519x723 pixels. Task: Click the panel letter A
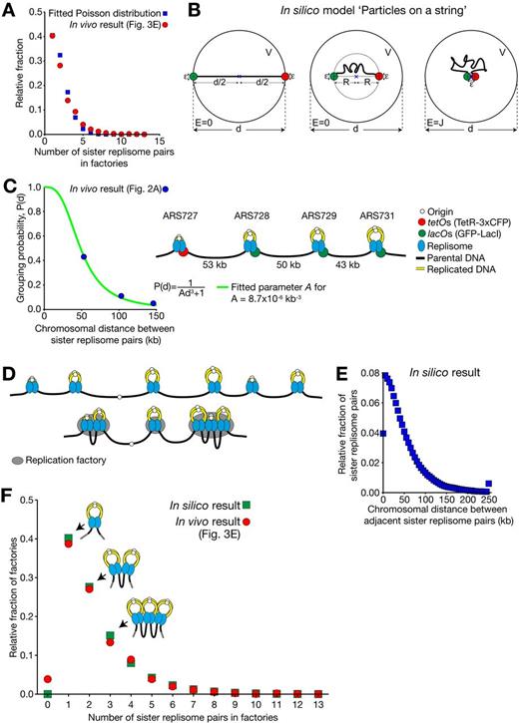[x=8, y=9]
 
